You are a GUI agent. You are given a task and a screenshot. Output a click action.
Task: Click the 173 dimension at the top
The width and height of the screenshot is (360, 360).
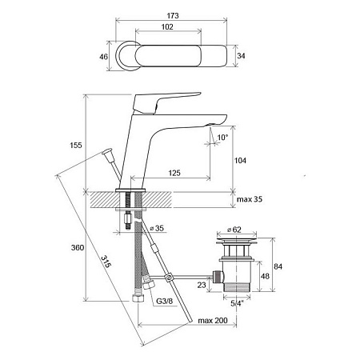click(x=173, y=16)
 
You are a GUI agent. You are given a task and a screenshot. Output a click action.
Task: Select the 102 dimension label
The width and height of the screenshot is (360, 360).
click(x=167, y=27)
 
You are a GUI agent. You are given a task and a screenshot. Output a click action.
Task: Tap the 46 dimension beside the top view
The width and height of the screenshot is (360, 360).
click(x=103, y=57)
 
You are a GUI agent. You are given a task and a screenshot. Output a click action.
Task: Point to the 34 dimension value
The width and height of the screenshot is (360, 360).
click(x=241, y=56)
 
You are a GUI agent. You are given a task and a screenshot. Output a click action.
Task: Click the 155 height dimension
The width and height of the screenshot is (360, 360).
click(x=76, y=146)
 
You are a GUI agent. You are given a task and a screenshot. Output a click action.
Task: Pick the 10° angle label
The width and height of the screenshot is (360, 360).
click(x=222, y=138)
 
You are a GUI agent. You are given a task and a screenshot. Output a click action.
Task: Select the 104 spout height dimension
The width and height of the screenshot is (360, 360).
click(x=240, y=161)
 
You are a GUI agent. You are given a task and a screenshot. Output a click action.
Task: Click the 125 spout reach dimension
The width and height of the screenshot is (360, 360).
click(x=174, y=173)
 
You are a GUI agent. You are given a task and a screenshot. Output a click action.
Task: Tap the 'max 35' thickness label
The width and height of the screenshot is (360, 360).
click(x=250, y=199)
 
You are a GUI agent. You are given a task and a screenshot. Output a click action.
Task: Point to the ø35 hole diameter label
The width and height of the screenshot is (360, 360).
click(x=157, y=228)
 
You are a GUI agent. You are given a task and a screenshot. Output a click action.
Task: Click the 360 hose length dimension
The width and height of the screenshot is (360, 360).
click(x=78, y=248)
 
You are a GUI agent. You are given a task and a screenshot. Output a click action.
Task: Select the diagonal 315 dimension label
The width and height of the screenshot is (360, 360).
click(x=106, y=262)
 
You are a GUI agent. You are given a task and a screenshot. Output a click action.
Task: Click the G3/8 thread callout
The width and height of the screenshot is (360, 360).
click(x=165, y=302)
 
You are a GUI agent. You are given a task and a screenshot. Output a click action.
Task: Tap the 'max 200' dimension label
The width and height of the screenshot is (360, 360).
click(x=213, y=320)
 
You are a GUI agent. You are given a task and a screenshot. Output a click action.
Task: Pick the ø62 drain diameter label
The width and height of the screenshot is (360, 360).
click(x=234, y=230)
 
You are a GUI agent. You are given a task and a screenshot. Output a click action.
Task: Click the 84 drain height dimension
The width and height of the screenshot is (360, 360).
click(x=278, y=266)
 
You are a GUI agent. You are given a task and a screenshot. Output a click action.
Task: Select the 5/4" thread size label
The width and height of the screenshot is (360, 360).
click(x=237, y=303)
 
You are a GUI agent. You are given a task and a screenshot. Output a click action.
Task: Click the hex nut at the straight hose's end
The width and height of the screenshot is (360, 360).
click(x=138, y=298)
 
